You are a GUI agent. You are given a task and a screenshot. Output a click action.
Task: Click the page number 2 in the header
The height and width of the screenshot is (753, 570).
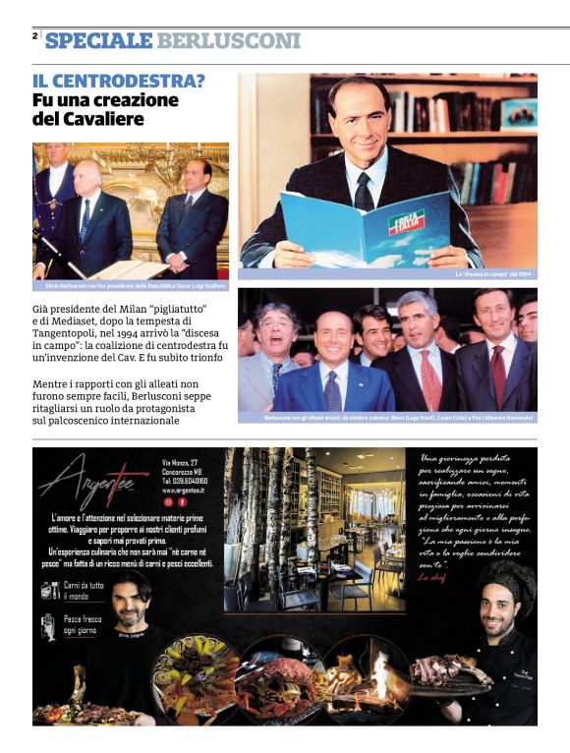[34, 36]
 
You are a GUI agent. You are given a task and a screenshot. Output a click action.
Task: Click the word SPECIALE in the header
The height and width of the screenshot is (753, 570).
[98, 40]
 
